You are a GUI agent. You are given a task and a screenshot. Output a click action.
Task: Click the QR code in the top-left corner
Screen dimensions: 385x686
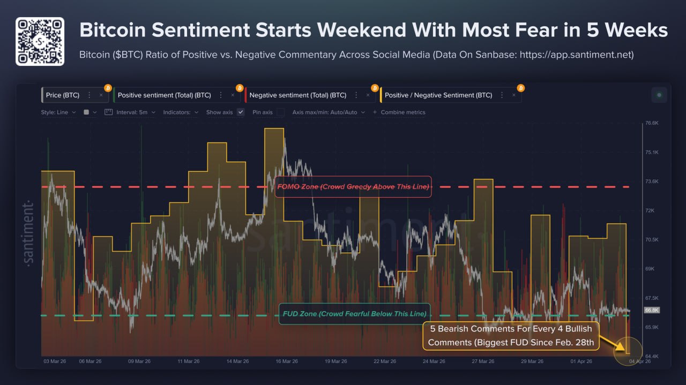[x=40, y=41]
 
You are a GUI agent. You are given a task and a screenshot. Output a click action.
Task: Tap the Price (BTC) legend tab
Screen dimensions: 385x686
[x=63, y=95]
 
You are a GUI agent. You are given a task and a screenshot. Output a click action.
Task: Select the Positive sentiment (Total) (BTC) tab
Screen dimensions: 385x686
[x=164, y=95]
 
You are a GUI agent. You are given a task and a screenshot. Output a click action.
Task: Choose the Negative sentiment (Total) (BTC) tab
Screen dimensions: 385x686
[x=297, y=95]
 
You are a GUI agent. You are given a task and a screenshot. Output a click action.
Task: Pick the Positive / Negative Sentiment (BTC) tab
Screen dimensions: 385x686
[x=438, y=95]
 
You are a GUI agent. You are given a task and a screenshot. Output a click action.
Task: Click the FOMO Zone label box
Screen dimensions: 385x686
[x=353, y=187]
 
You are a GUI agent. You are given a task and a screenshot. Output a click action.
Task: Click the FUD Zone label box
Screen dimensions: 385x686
[x=354, y=314]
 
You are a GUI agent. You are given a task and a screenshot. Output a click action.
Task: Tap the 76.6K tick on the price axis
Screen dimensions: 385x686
[x=651, y=123]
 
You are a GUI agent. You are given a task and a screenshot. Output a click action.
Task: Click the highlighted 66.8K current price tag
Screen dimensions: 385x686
[x=651, y=310]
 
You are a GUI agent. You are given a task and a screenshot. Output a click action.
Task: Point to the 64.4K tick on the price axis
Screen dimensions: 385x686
[x=651, y=356]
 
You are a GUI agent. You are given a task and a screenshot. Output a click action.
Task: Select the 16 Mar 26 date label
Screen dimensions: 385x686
[x=287, y=361]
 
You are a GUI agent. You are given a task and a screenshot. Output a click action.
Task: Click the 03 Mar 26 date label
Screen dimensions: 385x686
[x=54, y=361]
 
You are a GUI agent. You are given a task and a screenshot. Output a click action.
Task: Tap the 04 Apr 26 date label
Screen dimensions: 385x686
[x=640, y=361]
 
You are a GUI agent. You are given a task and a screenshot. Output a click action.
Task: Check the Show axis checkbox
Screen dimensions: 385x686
[x=241, y=112]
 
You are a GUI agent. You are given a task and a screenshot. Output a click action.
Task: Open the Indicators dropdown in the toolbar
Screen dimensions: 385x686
[x=181, y=112]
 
